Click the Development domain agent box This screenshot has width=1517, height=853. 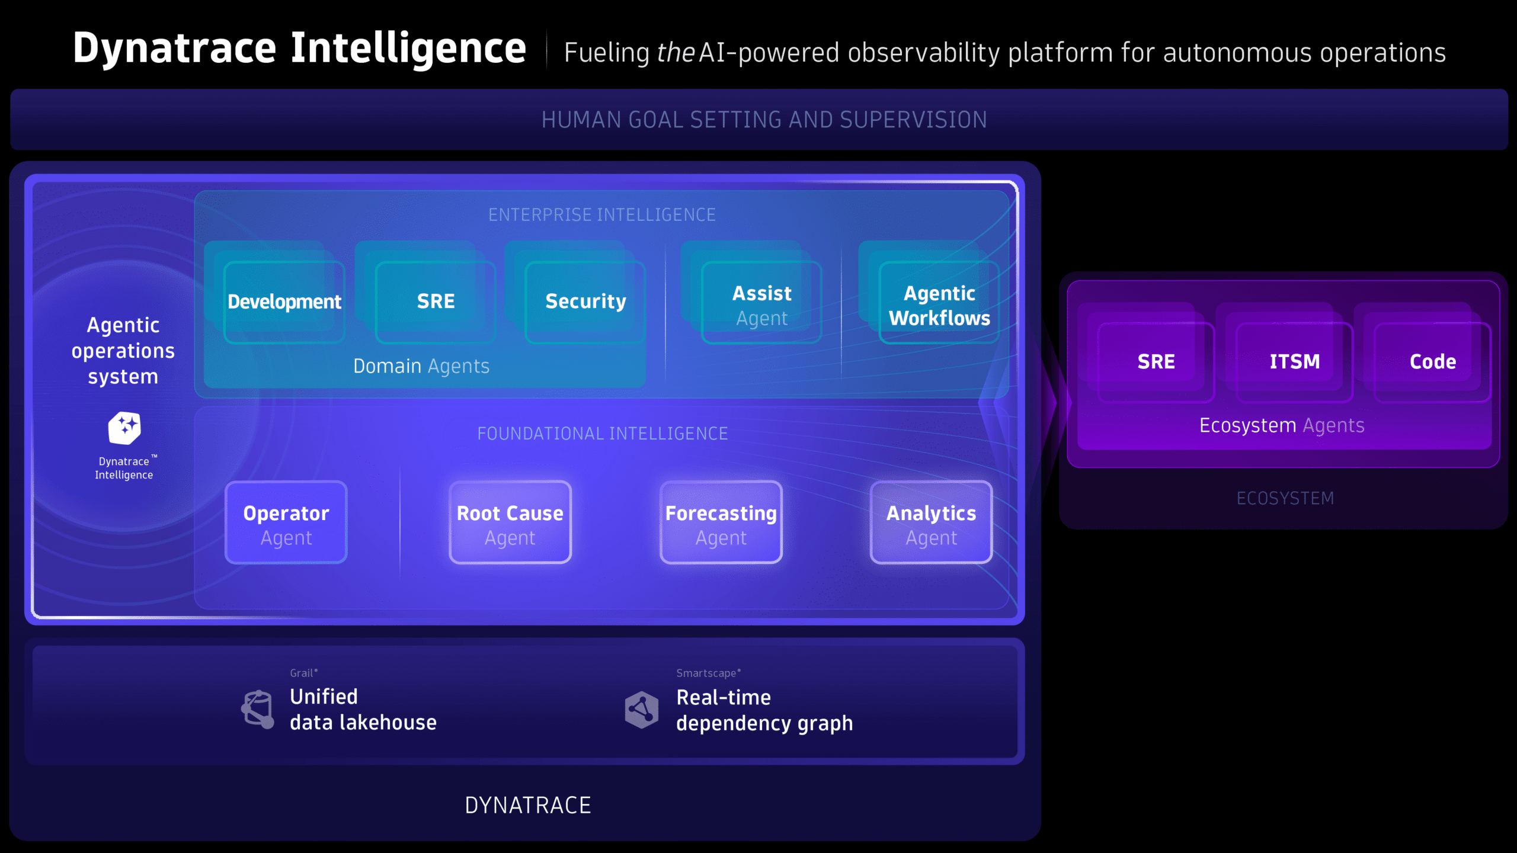click(284, 302)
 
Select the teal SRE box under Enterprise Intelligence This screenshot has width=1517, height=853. click(436, 302)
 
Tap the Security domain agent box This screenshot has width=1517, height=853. click(585, 302)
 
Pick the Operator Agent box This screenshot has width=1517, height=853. click(286, 523)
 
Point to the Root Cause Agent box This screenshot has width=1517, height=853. click(510, 523)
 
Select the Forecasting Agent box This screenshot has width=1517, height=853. click(721, 523)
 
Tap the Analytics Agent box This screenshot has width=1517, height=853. click(931, 523)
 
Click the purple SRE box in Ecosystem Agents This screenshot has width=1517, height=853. click(1156, 362)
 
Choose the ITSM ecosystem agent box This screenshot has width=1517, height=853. click(1295, 362)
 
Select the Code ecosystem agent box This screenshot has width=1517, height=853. click(1433, 362)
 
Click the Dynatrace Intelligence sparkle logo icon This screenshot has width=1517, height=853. click(124, 428)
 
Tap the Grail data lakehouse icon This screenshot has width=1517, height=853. click(258, 709)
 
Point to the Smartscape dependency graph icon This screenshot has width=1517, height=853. click(642, 709)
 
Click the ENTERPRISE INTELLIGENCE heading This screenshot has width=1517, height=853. click(602, 214)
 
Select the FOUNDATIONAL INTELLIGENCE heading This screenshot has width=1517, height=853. click(603, 434)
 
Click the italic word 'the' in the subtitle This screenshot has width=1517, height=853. click(676, 53)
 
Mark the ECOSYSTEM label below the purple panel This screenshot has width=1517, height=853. click(1285, 498)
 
